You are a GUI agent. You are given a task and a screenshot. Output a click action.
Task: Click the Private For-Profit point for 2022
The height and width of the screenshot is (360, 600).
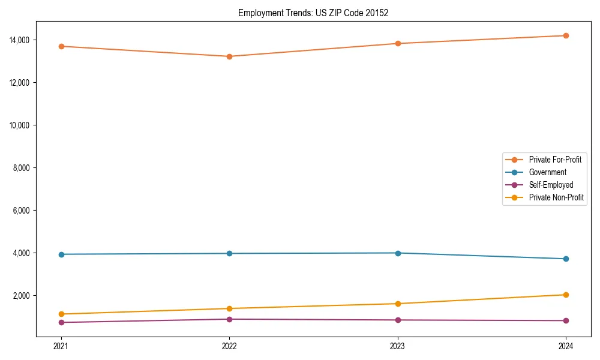229,56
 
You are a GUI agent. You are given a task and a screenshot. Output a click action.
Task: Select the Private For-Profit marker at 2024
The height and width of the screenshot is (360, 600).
566,35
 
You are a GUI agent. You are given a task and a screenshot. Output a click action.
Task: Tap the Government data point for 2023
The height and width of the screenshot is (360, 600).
398,253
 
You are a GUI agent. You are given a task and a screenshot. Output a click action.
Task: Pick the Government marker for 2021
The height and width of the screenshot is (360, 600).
61,254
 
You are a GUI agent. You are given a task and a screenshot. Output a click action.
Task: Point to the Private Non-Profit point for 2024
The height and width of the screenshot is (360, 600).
566,295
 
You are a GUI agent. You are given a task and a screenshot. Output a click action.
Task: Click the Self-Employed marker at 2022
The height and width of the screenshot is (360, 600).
229,319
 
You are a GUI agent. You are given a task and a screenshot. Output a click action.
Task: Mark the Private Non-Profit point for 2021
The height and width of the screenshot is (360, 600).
61,314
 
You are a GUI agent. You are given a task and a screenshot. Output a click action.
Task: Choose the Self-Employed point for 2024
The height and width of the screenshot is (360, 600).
566,320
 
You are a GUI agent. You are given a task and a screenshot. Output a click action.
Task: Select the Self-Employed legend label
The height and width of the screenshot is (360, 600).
551,185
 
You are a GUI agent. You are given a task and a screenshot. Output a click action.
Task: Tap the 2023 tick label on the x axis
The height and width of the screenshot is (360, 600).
398,346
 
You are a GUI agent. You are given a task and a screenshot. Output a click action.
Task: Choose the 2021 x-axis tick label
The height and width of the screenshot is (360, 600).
61,346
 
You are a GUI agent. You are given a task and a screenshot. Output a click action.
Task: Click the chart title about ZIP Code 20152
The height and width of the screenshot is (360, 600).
313,13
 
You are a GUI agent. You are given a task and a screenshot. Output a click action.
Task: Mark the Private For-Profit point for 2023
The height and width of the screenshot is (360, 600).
398,43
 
